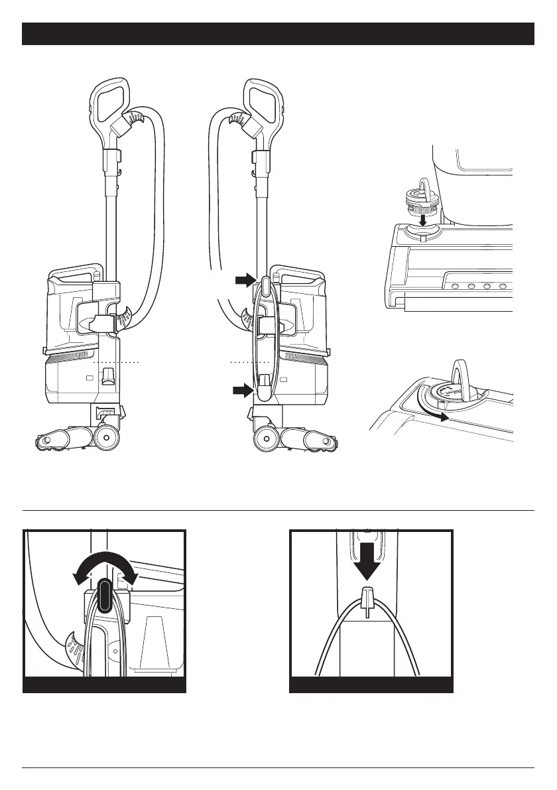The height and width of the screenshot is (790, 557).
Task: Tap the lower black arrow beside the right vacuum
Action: point(243,391)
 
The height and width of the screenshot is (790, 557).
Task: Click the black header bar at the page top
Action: point(278,34)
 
